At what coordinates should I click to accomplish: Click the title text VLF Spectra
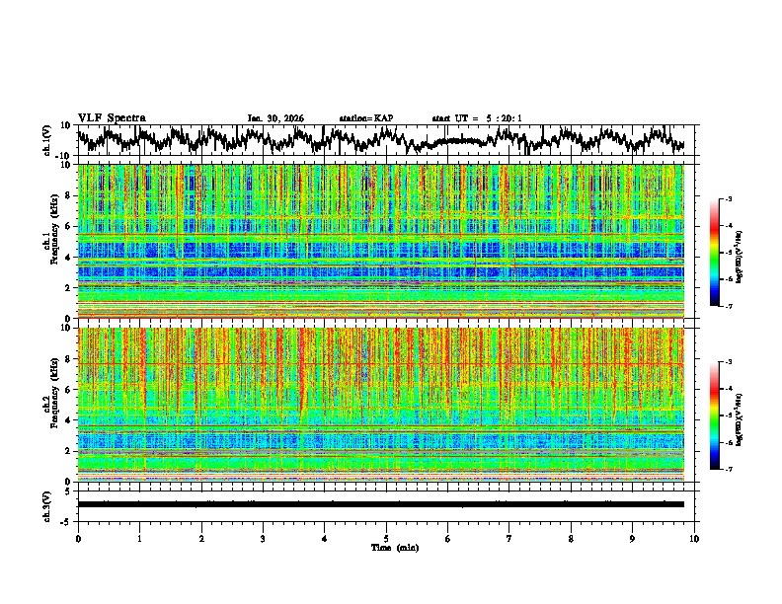pos(112,117)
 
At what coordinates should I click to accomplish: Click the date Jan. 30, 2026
pos(275,118)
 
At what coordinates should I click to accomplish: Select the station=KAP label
pos(365,118)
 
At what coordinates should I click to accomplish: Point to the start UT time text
pos(477,118)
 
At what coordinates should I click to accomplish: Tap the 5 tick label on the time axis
pos(386,539)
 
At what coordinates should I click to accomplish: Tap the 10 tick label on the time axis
pos(694,539)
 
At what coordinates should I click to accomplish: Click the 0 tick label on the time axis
pos(78,539)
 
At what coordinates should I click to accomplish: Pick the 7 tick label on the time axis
pos(509,539)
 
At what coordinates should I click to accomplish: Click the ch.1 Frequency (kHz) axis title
pos(49,241)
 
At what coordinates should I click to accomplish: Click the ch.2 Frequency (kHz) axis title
pos(49,404)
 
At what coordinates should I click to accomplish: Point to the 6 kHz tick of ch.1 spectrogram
pos(68,226)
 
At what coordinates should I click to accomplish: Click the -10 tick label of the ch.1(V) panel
pos(63,156)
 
